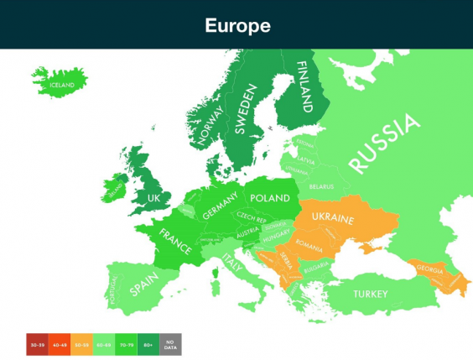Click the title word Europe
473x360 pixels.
[x=237, y=25]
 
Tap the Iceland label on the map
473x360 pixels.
[x=61, y=85]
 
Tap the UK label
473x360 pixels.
[x=153, y=198]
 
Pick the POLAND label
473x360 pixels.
[x=269, y=198]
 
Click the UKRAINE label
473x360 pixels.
[x=334, y=219]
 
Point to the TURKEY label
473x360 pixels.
[x=370, y=294]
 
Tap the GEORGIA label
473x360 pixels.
[x=427, y=270]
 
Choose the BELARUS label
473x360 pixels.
[x=321, y=186]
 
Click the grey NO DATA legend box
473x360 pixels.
[x=170, y=344]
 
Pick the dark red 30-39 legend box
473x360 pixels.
[x=37, y=344]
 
